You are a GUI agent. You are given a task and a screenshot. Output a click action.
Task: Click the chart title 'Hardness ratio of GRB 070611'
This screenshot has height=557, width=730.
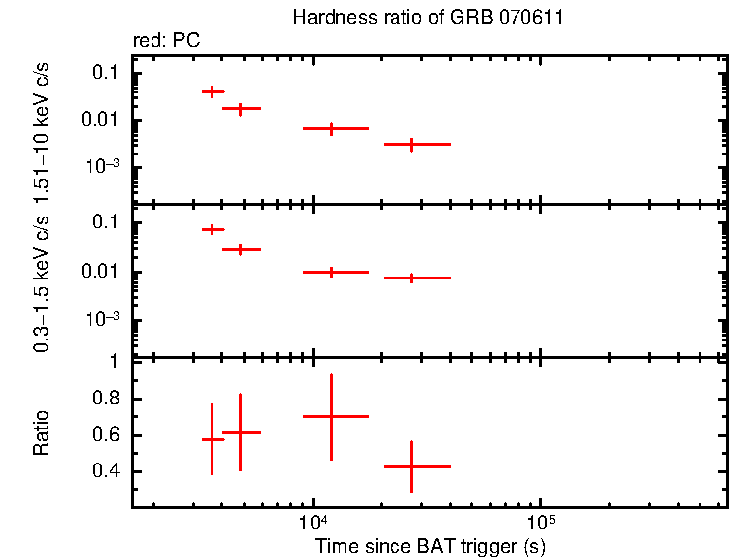click(428, 18)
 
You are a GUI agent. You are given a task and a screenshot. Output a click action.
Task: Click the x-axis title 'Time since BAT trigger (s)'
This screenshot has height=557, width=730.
click(430, 545)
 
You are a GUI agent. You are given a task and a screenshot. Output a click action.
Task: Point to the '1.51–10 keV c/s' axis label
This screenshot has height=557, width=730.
click(42, 125)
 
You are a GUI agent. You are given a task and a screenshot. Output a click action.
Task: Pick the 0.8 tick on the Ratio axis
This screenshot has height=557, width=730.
click(105, 399)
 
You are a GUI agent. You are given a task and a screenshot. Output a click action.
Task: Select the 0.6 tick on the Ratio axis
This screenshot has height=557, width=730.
click(105, 435)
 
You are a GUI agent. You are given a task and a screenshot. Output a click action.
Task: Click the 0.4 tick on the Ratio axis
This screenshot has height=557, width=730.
click(105, 471)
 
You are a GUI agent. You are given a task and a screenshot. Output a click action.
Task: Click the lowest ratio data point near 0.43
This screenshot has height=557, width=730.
click(411, 466)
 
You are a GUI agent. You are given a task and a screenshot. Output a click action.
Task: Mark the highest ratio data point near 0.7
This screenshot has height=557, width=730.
click(331, 416)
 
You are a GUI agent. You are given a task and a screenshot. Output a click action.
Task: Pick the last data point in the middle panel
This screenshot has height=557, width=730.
click(411, 278)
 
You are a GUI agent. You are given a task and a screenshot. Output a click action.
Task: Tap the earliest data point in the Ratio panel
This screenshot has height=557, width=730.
click(212, 439)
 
